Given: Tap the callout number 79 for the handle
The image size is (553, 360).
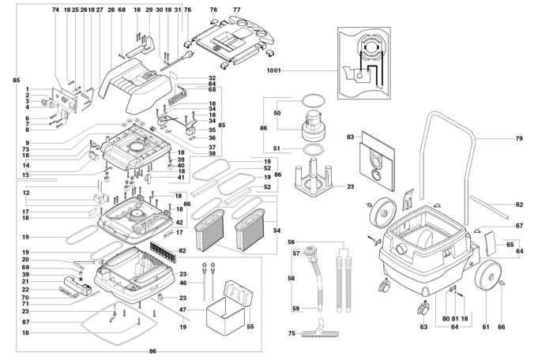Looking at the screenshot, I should (x=519, y=138).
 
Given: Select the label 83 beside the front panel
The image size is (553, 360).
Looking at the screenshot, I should (x=349, y=138).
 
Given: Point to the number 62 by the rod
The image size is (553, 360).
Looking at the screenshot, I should (x=519, y=205).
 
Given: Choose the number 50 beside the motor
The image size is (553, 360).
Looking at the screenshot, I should (x=276, y=114).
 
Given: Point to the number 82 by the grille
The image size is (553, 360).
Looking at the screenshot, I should (x=183, y=250).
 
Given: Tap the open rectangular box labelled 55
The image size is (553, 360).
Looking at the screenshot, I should (x=228, y=307).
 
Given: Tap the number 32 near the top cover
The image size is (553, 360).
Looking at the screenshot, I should (x=213, y=77).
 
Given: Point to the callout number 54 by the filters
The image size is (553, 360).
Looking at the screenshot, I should (x=276, y=230).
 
